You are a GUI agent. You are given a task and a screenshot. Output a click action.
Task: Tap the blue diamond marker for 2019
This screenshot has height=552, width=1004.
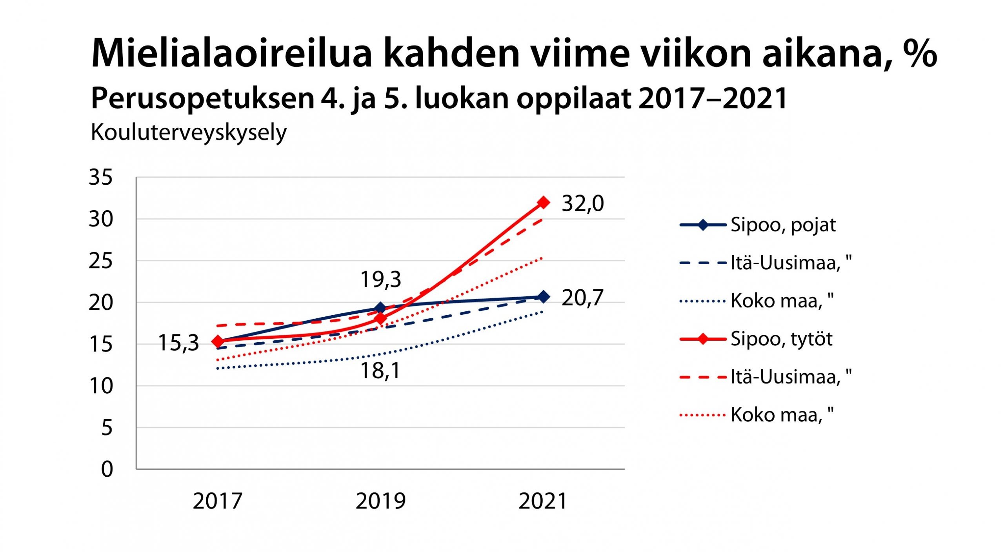pos(380,308)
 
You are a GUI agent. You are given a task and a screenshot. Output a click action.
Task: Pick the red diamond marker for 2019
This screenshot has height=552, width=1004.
pos(380,318)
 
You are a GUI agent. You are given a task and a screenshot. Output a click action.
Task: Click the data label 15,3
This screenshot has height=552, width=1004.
pos(178,343)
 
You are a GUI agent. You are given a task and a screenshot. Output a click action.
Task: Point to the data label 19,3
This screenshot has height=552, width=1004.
pos(380,280)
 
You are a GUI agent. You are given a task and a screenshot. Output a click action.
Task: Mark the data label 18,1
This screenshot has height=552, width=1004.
pos(380,370)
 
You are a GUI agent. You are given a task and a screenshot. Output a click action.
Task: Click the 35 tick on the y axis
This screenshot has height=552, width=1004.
pos(100,177)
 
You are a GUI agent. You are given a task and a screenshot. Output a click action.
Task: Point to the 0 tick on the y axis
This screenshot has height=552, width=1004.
pos(107,469)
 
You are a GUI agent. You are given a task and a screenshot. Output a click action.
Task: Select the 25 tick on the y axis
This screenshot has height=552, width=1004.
pos(100,261)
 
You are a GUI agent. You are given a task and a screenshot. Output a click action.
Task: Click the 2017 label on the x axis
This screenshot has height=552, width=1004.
pos(217,501)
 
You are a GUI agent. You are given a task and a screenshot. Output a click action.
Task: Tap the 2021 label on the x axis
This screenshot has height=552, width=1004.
pos(543,501)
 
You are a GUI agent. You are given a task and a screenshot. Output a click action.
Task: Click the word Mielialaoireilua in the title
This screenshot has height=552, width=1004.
pos(231,54)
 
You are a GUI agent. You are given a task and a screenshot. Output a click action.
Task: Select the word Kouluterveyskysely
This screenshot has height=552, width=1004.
pos(189,133)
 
